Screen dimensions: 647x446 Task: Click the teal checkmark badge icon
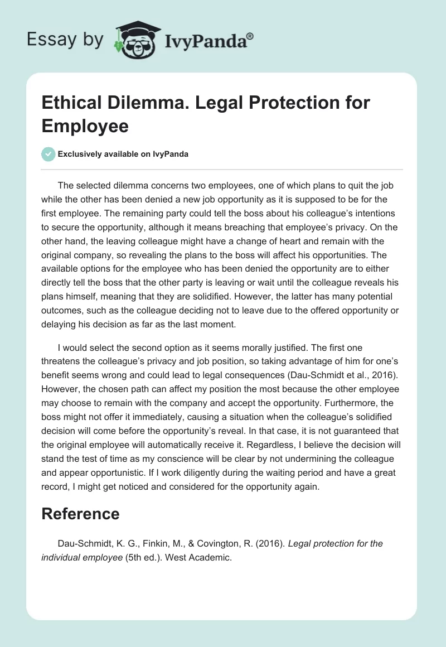click(x=49, y=154)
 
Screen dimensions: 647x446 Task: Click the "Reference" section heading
click(x=80, y=514)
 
